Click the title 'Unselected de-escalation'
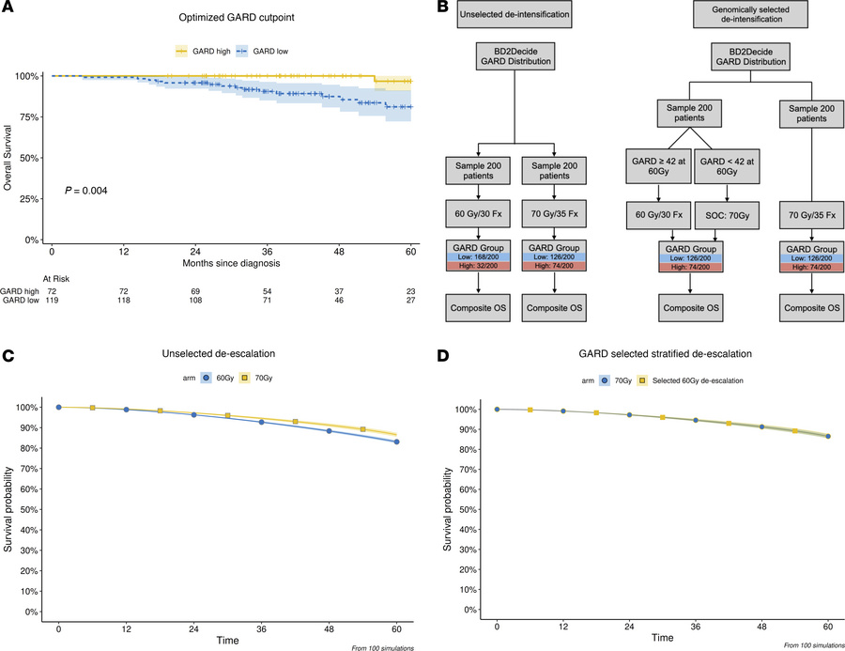point(231,357)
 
